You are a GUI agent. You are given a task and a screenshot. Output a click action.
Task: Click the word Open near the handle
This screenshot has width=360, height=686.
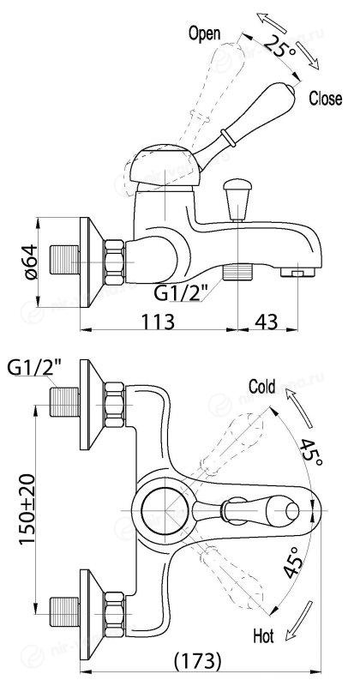pos(204,34)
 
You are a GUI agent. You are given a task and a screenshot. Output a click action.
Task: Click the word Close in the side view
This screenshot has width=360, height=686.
pos(326,99)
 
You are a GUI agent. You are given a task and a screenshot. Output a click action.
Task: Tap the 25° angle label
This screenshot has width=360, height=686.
pos(280,47)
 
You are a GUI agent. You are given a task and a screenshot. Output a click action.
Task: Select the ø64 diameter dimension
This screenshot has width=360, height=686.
pos(30,262)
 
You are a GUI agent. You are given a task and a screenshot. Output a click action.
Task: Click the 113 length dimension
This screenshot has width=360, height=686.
pos(158,322)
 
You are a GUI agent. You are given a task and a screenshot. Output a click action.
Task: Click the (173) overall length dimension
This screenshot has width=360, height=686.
pos(196,659)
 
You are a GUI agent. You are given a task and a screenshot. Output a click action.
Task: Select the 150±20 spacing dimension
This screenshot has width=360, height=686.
pos(27,509)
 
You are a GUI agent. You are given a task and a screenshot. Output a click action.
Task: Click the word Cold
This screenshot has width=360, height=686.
pos(261,387)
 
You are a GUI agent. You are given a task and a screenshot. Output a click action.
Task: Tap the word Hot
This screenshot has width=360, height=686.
pos(264,635)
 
